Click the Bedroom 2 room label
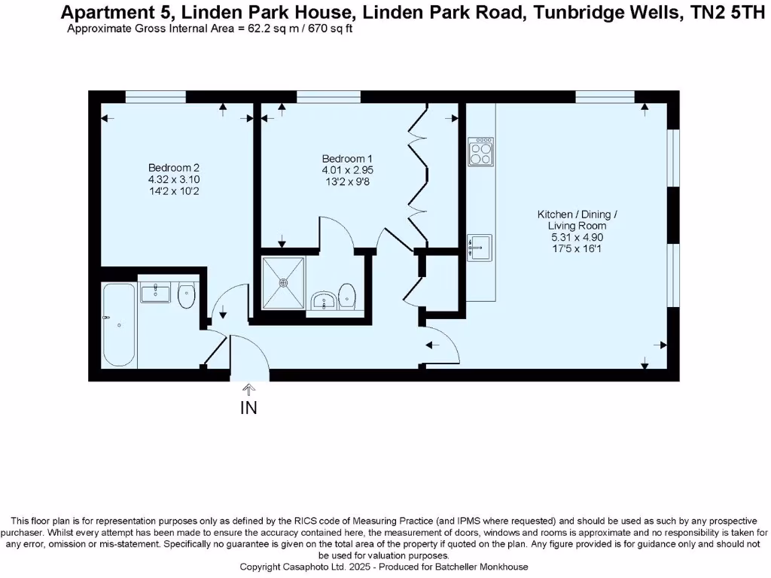point(173,167)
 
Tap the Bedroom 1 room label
point(347,159)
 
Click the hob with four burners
point(480,151)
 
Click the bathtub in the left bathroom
point(120,324)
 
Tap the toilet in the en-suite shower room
point(347,295)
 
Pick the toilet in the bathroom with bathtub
point(187,296)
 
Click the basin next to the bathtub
point(156,292)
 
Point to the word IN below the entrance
point(248,409)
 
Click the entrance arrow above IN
point(248,389)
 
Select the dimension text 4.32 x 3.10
point(174,180)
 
